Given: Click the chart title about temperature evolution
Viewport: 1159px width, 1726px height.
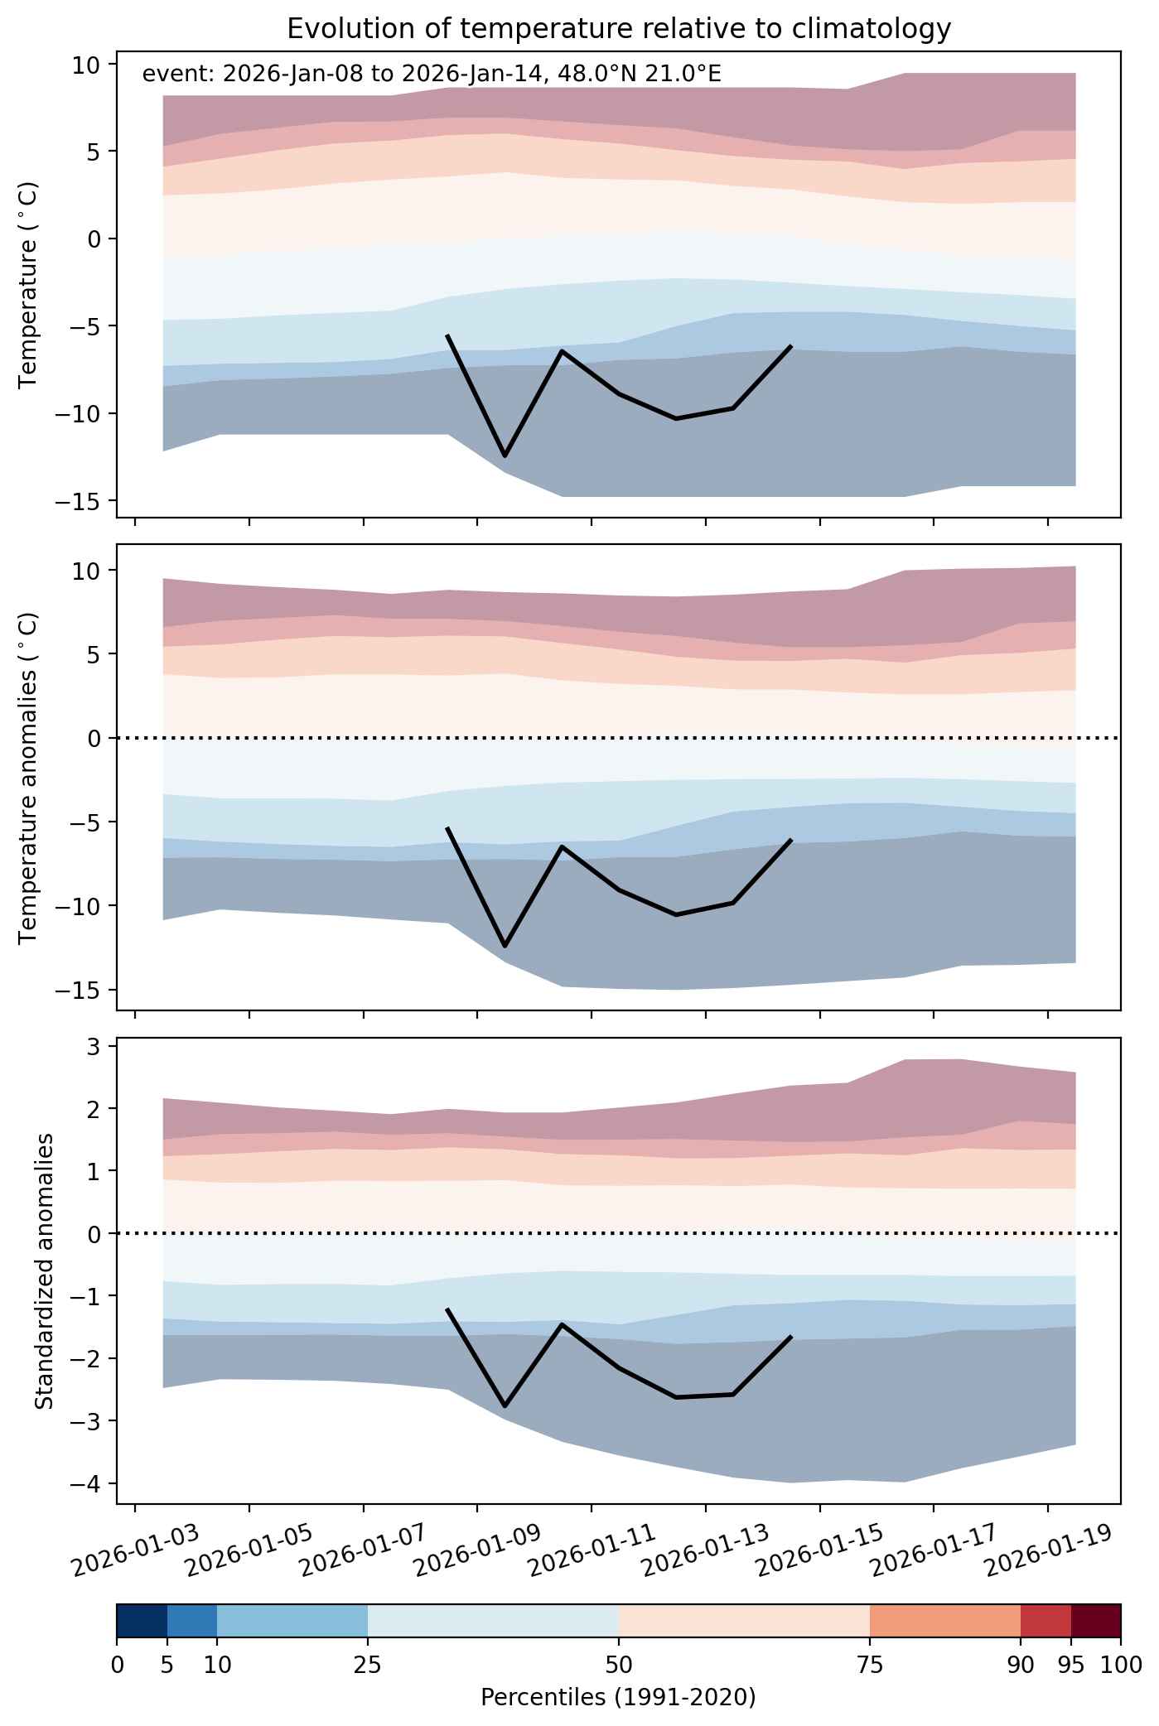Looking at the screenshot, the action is pyautogui.click(x=619, y=29).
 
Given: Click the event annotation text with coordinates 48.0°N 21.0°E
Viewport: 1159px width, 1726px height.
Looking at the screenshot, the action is pyautogui.click(x=432, y=75).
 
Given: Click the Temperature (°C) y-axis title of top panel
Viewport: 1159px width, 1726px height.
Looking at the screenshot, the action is pyautogui.click(x=29, y=284).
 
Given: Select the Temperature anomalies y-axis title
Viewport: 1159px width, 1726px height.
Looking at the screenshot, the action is pyautogui.click(x=29, y=778).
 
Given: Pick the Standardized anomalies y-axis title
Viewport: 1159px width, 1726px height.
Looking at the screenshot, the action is pyautogui.click(x=45, y=1270).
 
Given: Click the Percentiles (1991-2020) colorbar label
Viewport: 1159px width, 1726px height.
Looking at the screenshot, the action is pyautogui.click(x=618, y=1698).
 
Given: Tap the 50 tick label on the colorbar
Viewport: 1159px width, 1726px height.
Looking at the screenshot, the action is pyautogui.click(x=619, y=1665).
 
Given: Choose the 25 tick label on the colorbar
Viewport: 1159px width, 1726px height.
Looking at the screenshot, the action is pyautogui.click(x=368, y=1665).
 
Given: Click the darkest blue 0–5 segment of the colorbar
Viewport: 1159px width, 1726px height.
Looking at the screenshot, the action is pyautogui.click(x=142, y=1621).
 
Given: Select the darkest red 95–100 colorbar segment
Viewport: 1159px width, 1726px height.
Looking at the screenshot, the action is pyautogui.click(x=1095, y=1621).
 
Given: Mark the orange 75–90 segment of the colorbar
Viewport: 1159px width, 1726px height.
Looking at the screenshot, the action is pyautogui.click(x=945, y=1621).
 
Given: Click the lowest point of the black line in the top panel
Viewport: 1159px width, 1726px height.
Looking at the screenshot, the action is pyautogui.click(x=505, y=456).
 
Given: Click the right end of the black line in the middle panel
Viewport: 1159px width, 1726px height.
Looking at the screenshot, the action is pyautogui.click(x=791, y=840).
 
